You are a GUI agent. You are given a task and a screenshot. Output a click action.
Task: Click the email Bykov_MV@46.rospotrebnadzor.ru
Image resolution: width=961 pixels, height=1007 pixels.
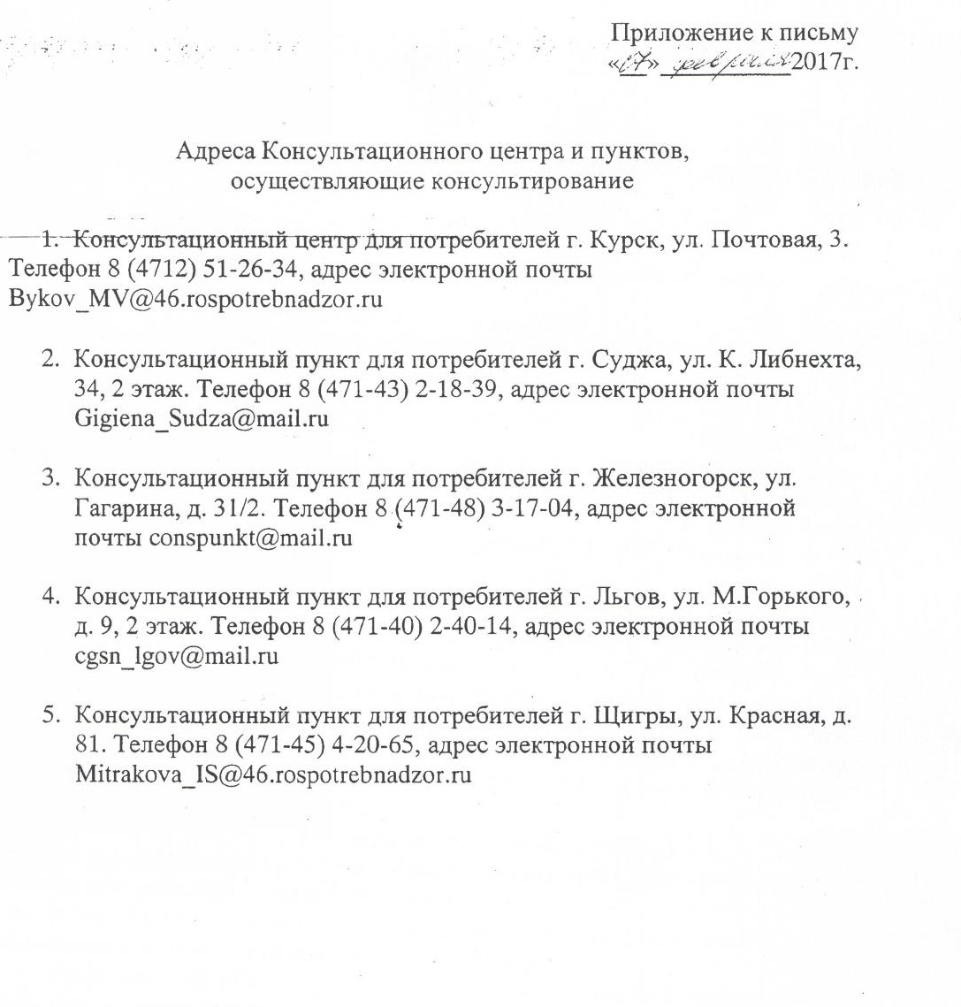coord(194,299)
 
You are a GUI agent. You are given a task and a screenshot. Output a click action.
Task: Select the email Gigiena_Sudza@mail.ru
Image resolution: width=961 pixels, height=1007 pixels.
coord(202,418)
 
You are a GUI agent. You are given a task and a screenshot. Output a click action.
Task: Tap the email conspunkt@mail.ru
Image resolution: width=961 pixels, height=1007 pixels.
coord(250,538)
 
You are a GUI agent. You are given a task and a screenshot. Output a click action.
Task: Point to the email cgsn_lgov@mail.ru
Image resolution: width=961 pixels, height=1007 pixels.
coord(177,657)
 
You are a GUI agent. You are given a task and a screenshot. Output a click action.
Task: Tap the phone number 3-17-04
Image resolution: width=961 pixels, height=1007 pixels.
coord(531,508)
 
